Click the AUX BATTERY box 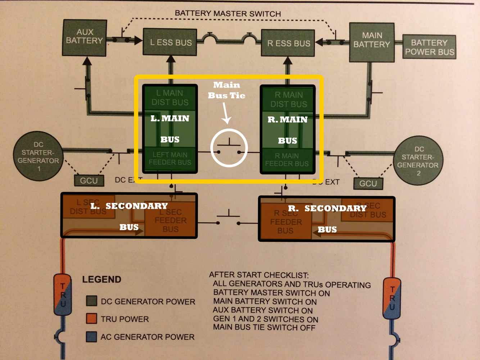pos(85,38)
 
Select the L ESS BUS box pos(170,42)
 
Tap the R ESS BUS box pos(288,43)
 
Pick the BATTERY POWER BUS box pos(429,47)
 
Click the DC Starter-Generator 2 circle pos(418,161)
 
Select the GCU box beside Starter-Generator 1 pos(89,181)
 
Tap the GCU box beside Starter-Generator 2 pos(368,183)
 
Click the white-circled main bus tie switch pos(229,148)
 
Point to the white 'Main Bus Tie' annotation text pos(227,90)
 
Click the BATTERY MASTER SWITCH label pos(228,14)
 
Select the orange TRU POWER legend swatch pos(91,319)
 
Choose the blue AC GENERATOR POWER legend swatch pos(91,337)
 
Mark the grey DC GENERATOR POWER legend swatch pos(91,301)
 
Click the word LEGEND pos(101,279)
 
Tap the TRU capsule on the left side pos(63,295)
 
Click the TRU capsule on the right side pos(392,299)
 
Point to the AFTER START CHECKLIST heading pos(259,275)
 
